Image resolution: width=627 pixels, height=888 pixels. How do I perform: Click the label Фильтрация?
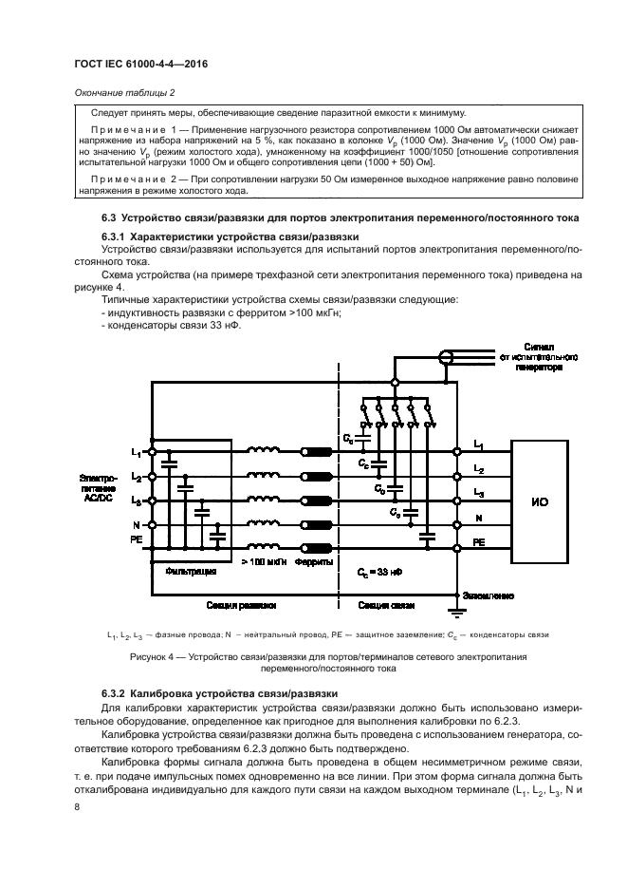tap(193, 573)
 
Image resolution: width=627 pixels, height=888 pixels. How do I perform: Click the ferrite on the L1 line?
tap(314, 452)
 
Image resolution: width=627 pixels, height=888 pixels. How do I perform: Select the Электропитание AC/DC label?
tap(98, 486)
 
